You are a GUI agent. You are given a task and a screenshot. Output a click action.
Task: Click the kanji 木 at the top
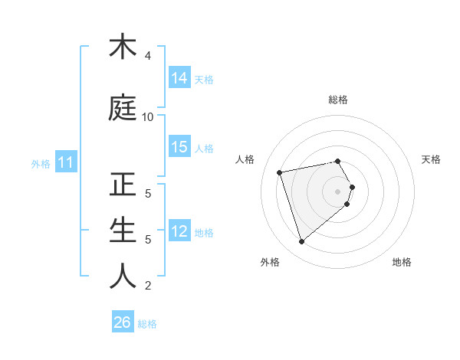coord(123,47)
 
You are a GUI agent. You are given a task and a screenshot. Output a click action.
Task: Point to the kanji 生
coord(123,231)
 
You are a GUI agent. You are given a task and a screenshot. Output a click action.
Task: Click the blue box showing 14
coord(179,78)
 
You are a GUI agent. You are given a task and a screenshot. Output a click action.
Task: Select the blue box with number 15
coord(179,147)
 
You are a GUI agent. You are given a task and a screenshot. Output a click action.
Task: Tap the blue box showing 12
coord(179,231)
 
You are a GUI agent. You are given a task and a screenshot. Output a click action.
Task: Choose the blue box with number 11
coord(66,162)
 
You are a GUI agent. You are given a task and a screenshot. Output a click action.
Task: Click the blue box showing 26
coord(122,322)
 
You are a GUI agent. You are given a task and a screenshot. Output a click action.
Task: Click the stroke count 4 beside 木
coord(147,56)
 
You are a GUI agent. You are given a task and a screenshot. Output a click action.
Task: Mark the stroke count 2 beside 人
coord(147,286)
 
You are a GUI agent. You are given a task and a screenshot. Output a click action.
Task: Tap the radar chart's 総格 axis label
coord(337,100)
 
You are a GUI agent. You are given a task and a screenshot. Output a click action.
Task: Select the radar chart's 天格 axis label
coord(431,159)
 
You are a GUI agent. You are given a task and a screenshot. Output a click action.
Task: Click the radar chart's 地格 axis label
coord(402,262)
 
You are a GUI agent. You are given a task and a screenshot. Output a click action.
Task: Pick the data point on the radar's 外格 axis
coord(301,242)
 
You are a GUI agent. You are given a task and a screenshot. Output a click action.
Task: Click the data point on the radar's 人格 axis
coord(279,172)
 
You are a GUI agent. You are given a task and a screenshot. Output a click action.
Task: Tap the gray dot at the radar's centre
coord(337,191)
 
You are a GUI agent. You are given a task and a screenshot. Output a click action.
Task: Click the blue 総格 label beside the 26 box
coord(147,324)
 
